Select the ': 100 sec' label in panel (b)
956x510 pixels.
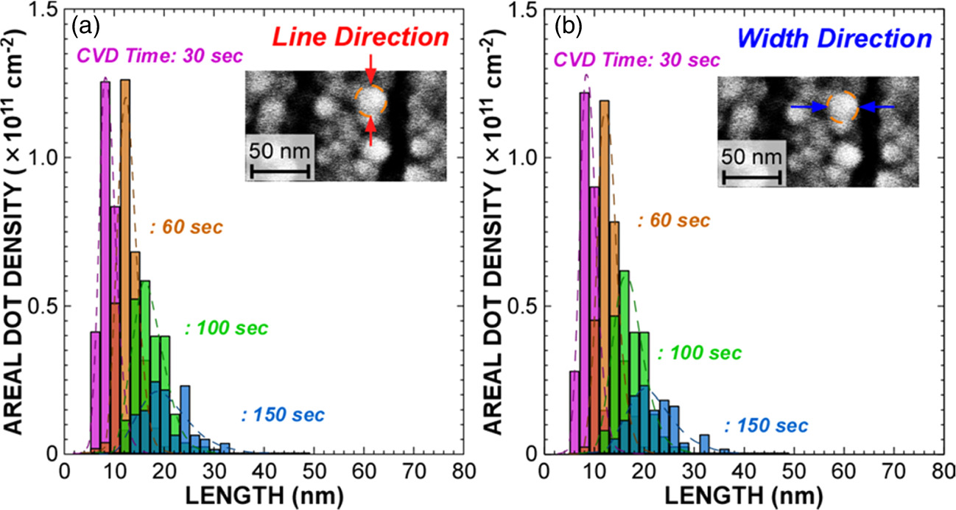pos(699,353)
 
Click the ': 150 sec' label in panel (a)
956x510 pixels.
pos(282,415)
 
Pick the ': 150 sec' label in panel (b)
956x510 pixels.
pos(766,425)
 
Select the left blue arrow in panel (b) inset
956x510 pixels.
pos(807,107)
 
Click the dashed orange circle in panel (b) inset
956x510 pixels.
pos(843,107)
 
